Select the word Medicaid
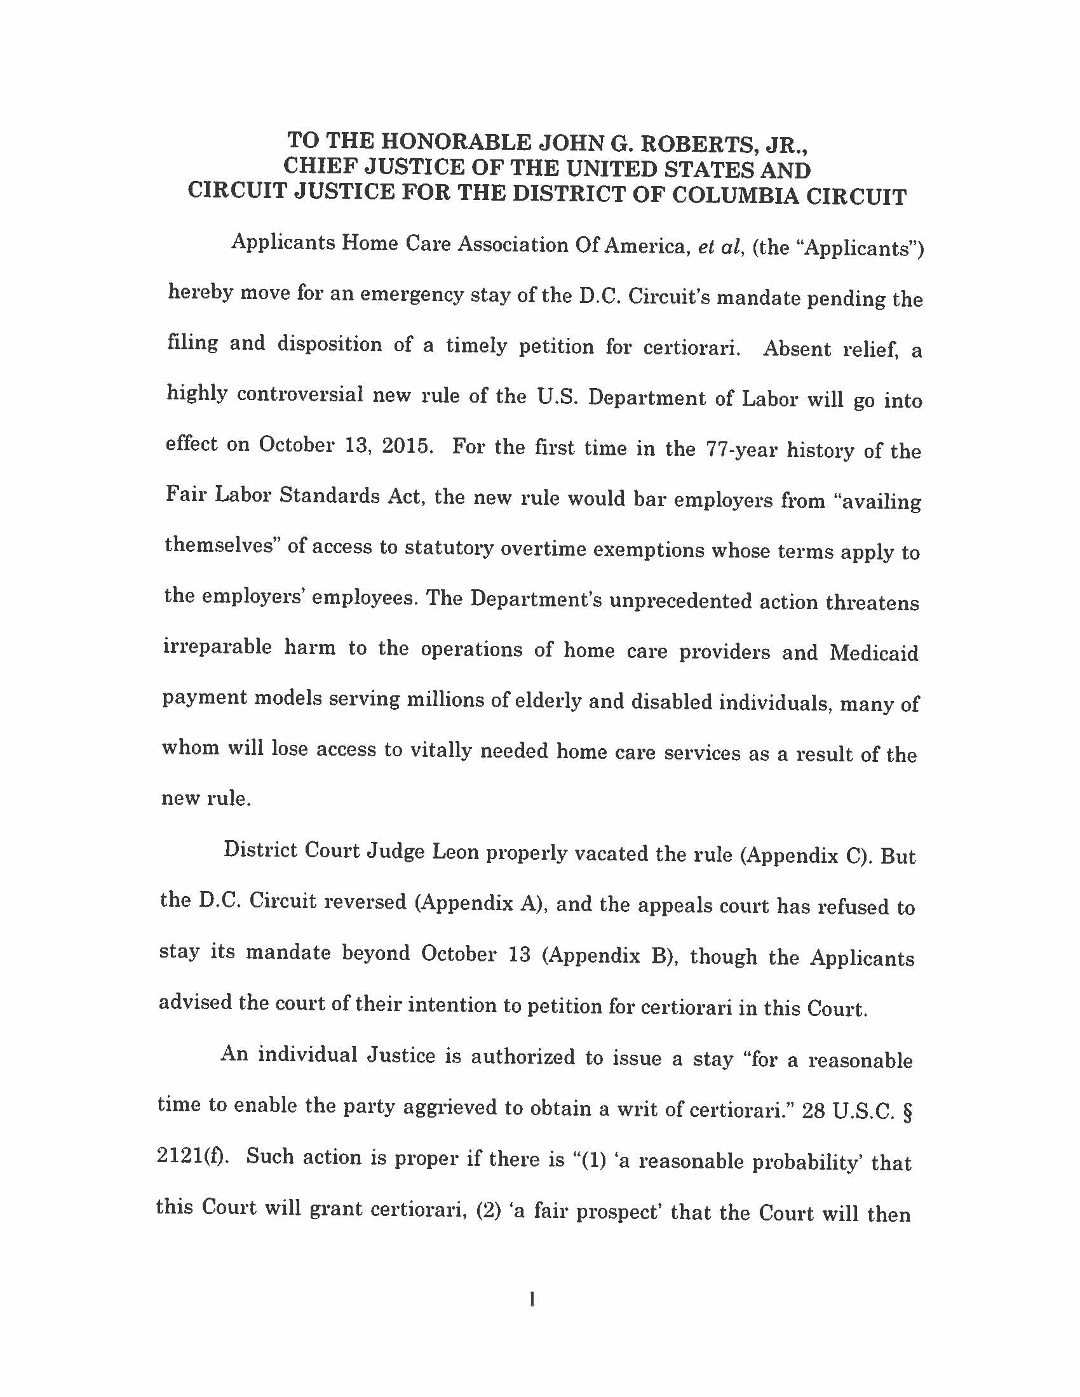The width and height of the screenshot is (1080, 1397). coord(874,653)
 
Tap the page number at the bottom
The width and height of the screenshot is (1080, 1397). coord(532,1299)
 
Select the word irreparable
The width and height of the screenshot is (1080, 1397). coord(217,646)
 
